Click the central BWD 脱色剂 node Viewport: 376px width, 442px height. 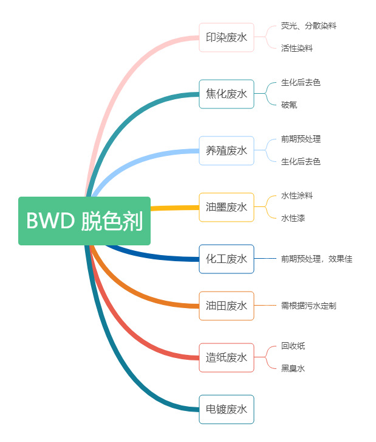84,221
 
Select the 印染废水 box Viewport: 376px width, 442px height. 227,38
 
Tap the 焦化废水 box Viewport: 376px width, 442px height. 227,94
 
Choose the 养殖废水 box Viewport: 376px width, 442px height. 227,150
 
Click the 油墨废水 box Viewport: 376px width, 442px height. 227,207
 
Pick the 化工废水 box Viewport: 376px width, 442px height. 227,259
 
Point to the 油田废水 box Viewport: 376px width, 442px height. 227,306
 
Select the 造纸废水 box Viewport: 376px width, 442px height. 227,357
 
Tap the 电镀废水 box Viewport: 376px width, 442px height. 227,409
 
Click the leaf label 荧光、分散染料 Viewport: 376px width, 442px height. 309,26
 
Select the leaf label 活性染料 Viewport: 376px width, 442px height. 297,49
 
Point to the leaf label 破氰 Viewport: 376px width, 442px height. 289,105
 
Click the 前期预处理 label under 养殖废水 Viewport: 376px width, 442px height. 301,139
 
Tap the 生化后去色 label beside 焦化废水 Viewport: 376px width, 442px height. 301,82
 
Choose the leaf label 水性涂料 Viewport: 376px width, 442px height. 297,195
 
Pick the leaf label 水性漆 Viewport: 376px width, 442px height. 293,218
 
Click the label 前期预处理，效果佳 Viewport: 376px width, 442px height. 316,259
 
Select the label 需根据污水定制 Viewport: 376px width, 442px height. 309,306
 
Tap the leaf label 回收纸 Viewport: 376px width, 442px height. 293,346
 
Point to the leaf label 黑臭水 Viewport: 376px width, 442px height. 293,368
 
